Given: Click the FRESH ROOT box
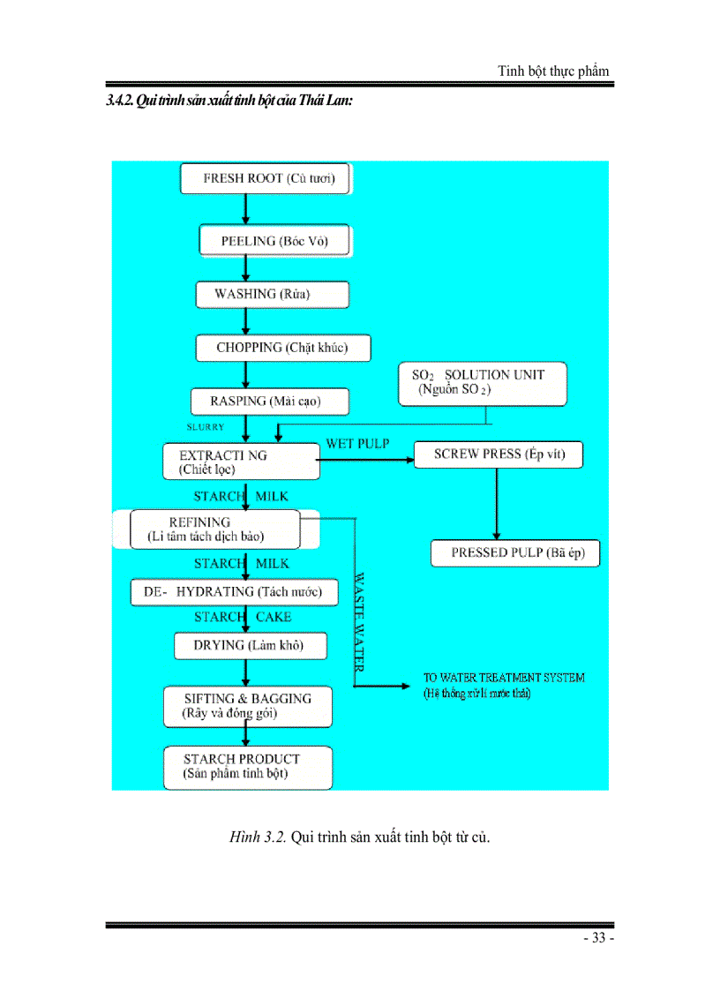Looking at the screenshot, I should pos(265,178).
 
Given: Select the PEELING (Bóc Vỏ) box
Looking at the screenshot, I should pos(274,242).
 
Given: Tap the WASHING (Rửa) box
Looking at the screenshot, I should pos(272,295).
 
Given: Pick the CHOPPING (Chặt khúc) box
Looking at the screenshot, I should pos(282,348).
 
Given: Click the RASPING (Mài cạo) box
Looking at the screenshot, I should pos(269,402).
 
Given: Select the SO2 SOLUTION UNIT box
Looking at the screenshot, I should pos(481,383).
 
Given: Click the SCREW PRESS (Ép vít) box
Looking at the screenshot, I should pos(499,455).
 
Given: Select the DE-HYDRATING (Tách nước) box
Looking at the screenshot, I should pos(234,592).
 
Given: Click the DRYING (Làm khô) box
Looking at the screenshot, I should pos(250,646).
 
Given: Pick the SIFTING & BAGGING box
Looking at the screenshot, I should pos(248,705).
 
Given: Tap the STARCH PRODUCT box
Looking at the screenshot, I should pos(248,766).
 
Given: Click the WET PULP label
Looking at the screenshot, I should pos(357,443).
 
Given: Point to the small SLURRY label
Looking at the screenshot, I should pos(206,427).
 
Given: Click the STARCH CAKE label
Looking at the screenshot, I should pos(243,618).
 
